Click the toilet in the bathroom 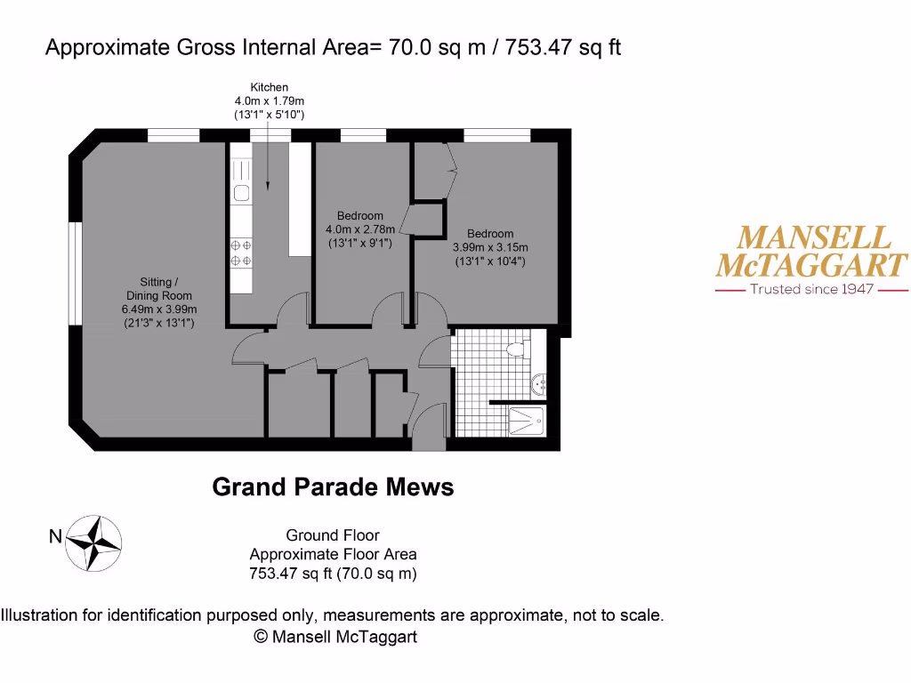click(x=515, y=348)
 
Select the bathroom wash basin click(x=538, y=384)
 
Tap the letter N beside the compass click(x=55, y=536)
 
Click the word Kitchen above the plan click(x=269, y=87)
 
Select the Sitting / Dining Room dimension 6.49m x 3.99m click(x=159, y=309)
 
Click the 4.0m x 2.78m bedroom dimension click(x=359, y=229)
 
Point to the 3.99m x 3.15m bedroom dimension click(x=490, y=248)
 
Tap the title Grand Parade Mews click(x=333, y=487)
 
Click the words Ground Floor click(x=333, y=535)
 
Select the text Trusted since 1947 click(x=812, y=289)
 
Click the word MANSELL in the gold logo click(x=814, y=237)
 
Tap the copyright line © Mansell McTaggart click(x=335, y=637)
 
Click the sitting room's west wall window click(x=76, y=272)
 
